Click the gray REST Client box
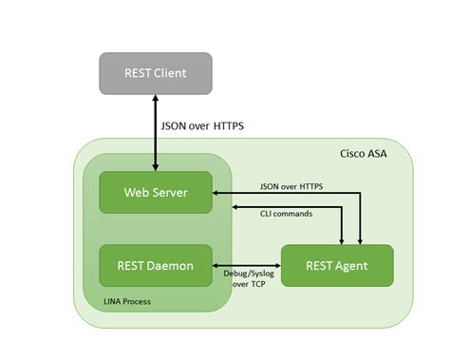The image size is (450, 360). click(156, 73)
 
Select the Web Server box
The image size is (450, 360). click(156, 193)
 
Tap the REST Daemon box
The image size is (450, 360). click(156, 265)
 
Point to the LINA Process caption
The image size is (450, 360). click(126, 302)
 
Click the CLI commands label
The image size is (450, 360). click(289, 214)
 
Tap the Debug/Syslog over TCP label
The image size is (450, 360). click(249, 278)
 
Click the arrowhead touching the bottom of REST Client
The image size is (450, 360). click(156, 98)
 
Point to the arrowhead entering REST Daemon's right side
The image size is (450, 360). click(217, 265)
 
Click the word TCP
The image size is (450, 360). click(259, 284)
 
